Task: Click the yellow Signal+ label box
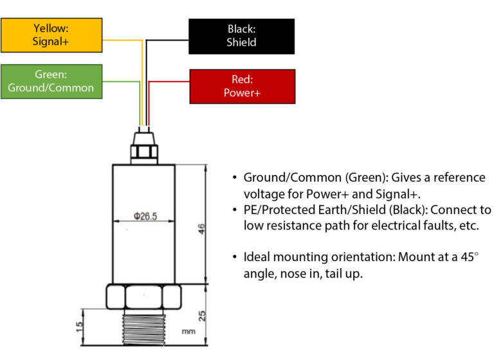pyautogui.click(x=51, y=35)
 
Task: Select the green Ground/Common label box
pyautogui.click(x=51, y=81)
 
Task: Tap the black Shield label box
pyautogui.click(x=241, y=36)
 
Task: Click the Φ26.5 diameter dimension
pyautogui.click(x=145, y=217)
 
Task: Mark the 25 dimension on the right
pyautogui.click(x=201, y=315)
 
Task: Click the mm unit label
pyautogui.click(x=188, y=332)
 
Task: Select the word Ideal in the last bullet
pyautogui.click(x=257, y=257)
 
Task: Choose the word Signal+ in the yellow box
pyautogui.click(x=51, y=42)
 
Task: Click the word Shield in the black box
pyautogui.click(x=241, y=43)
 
